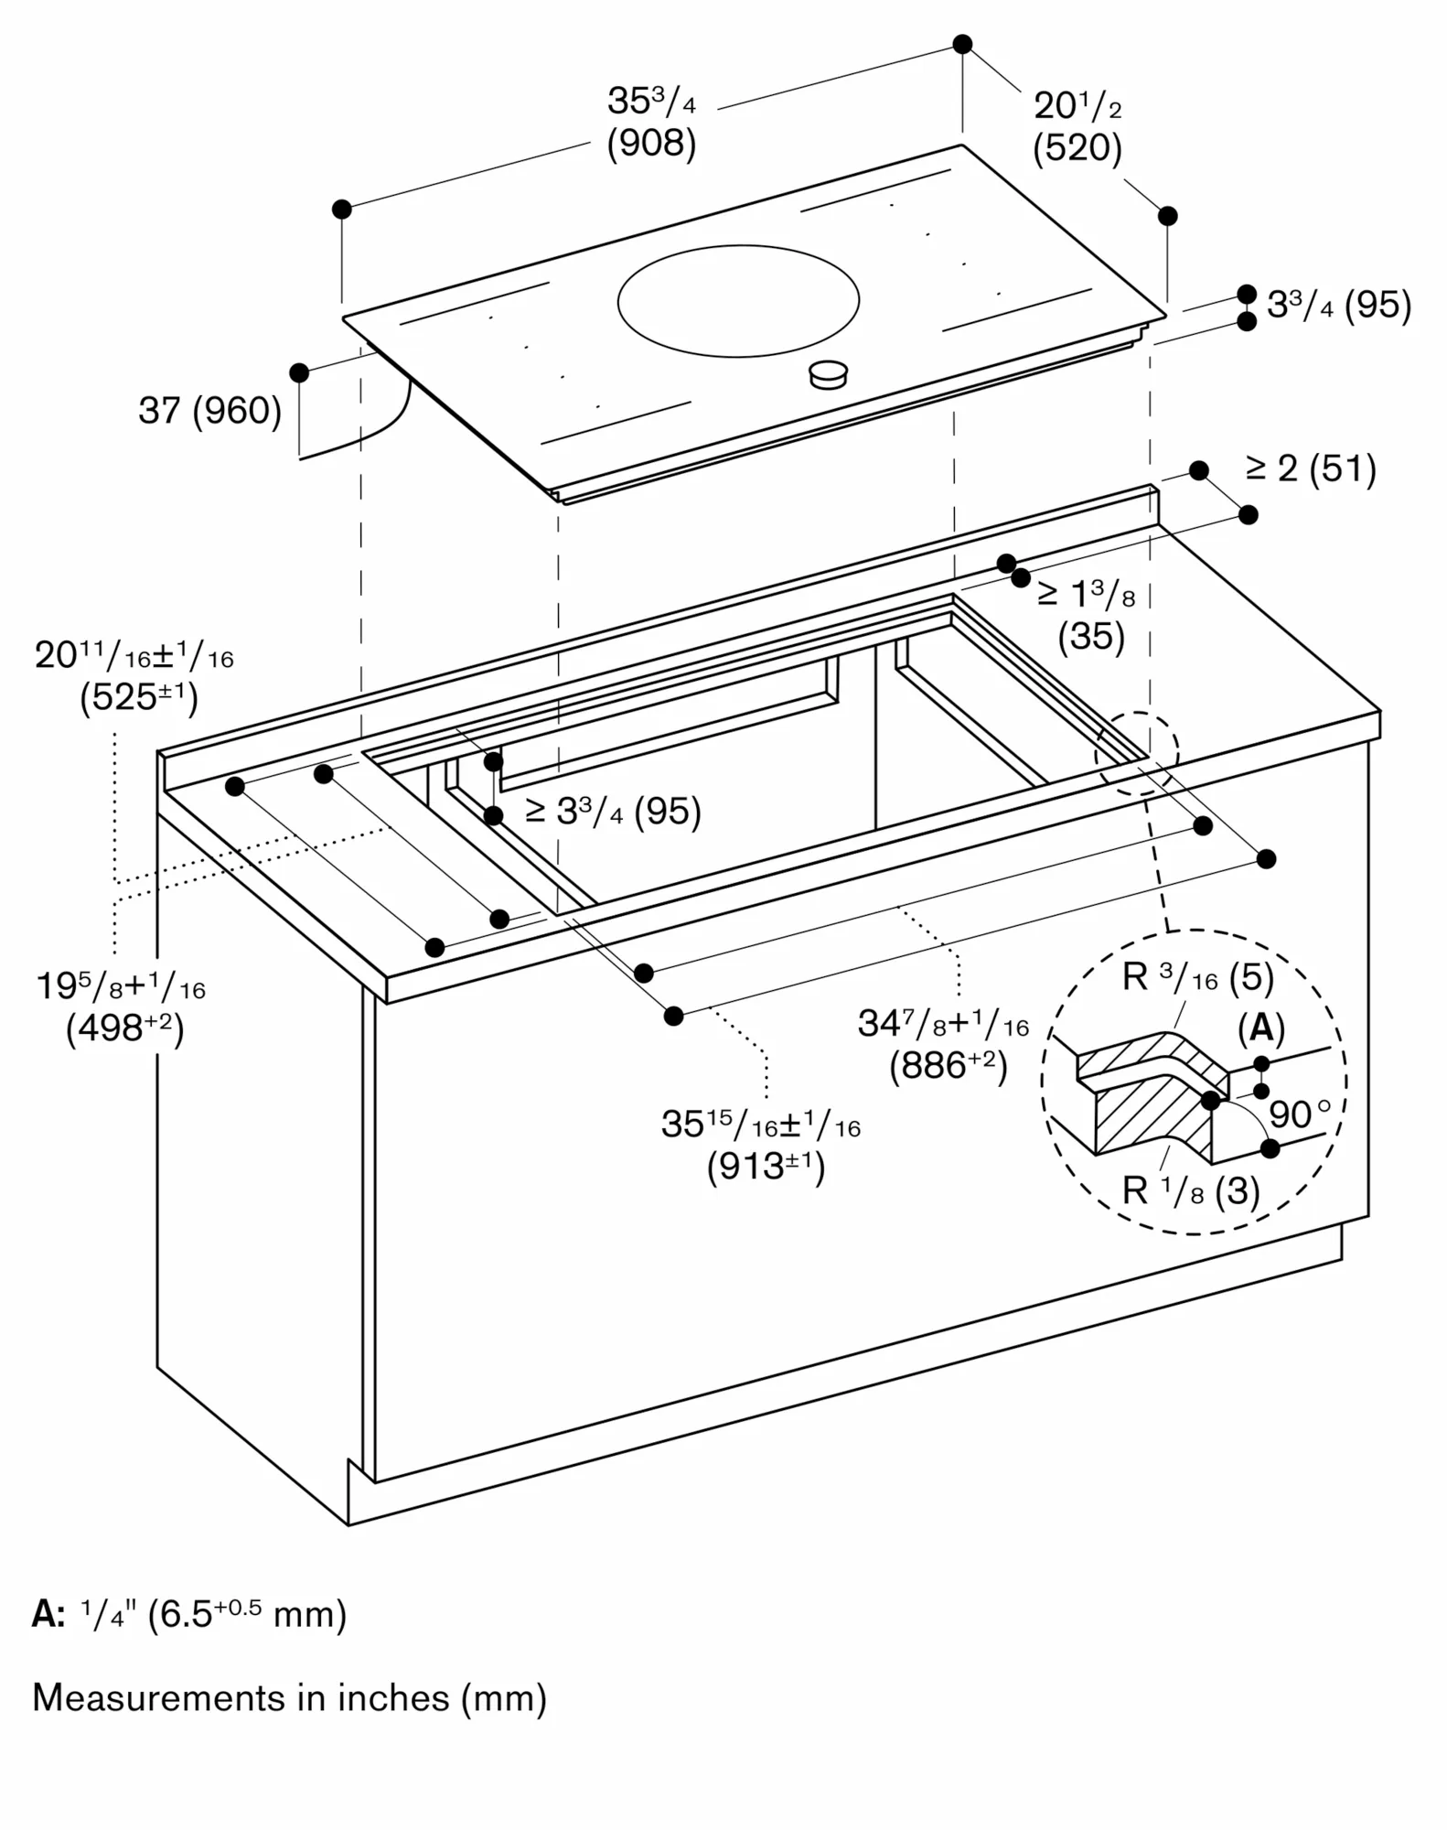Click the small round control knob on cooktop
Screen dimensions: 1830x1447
click(x=829, y=373)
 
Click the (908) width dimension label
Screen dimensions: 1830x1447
click(x=651, y=144)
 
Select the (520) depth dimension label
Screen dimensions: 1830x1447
click(x=1077, y=148)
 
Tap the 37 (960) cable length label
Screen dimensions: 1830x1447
click(x=209, y=410)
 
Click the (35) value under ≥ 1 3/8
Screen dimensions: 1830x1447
click(x=1090, y=636)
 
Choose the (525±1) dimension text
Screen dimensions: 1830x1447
click(x=138, y=697)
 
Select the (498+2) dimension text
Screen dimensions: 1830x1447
click(x=124, y=1028)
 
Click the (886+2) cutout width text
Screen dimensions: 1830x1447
click(x=948, y=1066)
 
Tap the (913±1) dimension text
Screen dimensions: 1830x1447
click(x=766, y=1167)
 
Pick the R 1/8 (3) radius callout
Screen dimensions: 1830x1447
click(x=1190, y=1190)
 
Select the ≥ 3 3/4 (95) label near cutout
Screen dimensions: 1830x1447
click(x=613, y=811)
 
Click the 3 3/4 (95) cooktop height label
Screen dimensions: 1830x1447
click(x=1338, y=305)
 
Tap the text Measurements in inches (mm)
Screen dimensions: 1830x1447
click(x=289, y=1698)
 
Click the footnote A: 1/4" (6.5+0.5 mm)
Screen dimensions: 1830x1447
click(x=189, y=1614)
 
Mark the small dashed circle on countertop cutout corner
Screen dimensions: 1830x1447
click(x=1137, y=752)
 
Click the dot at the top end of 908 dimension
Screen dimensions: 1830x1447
click(x=962, y=44)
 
